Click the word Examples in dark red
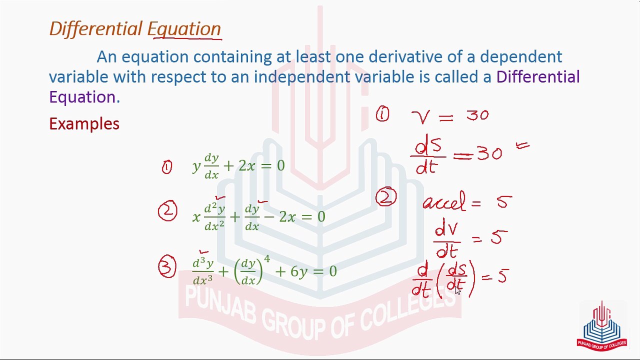point(84,124)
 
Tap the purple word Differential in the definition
point(537,77)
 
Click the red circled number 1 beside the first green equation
point(166,167)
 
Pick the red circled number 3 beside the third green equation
point(167,267)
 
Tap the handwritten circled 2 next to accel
point(386,198)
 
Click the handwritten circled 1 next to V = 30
point(382,115)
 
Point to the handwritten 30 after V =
point(477,116)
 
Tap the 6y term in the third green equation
point(299,271)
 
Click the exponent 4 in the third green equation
point(267,259)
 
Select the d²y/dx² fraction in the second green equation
point(214,217)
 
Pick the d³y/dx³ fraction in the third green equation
point(203,271)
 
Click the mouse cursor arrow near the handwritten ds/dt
point(457,291)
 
